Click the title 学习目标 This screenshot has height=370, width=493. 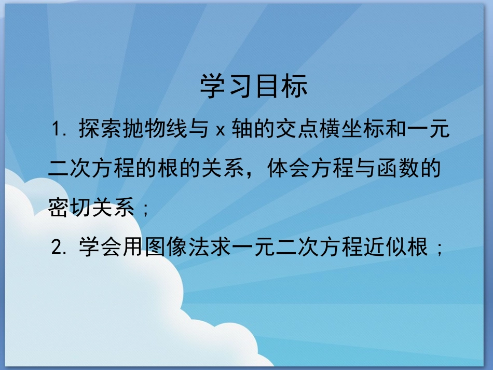(254, 87)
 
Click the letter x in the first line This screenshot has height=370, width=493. (219, 131)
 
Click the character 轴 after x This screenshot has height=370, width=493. (243, 130)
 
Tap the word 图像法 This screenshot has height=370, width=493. (172, 248)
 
